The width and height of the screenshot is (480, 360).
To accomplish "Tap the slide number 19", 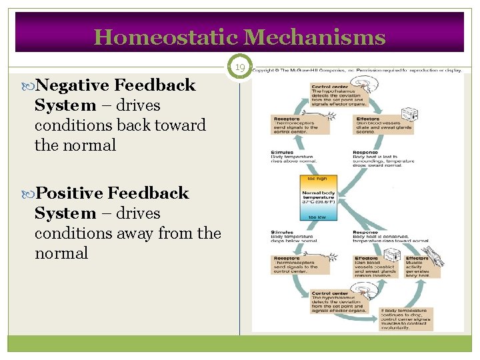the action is tap(239, 67).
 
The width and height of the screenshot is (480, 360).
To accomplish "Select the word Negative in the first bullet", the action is tap(73, 85).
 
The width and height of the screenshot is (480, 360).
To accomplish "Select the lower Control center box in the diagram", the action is tap(333, 300).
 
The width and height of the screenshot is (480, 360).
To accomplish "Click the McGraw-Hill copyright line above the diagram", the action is tap(356, 70).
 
